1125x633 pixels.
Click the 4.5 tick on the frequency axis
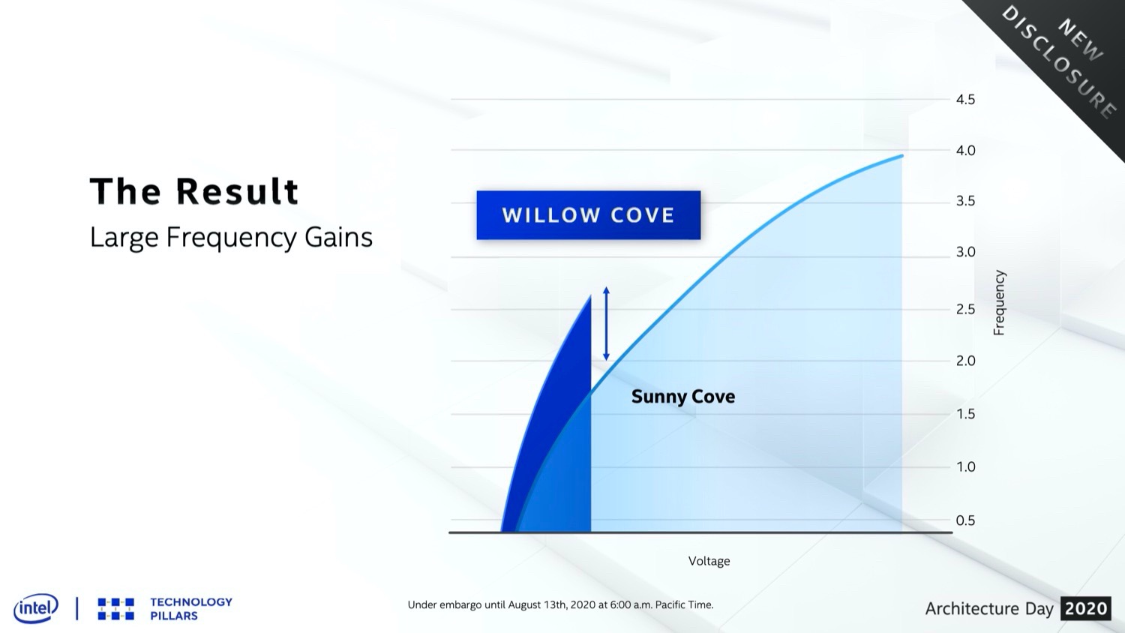pos(965,100)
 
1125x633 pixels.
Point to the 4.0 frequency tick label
pos(965,150)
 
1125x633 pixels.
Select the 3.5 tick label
pos(965,201)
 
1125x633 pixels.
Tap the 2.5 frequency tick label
pos(965,309)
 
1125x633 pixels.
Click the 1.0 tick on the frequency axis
pos(965,466)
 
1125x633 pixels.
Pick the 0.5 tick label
pos(965,520)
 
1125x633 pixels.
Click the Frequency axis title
pos(999,302)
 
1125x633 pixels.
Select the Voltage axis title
pos(709,561)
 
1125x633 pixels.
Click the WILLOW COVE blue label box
pos(589,215)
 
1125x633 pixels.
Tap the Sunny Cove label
pos(683,397)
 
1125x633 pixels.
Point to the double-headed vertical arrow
pos(606,323)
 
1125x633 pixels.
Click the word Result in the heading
pos(237,191)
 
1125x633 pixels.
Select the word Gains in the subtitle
pos(338,237)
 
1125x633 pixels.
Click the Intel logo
pos(36,608)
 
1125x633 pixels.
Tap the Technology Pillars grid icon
pos(116,609)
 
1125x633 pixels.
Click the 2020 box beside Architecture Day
pos(1086,608)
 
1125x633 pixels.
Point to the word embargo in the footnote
pos(460,604)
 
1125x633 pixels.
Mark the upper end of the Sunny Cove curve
pos(902,156)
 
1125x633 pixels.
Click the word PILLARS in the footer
pos(174,616)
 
